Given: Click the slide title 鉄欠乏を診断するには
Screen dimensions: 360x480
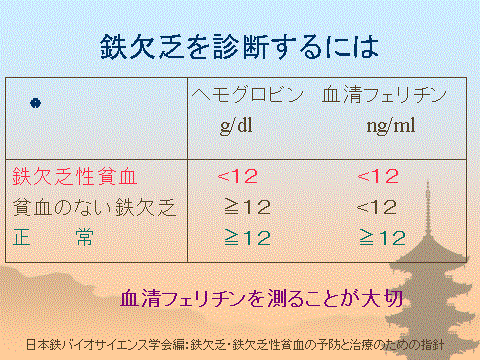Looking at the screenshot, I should [x=240, y=46].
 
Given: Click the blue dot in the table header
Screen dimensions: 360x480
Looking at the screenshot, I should [x=36, y=102].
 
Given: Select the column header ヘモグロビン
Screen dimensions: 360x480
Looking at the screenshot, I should [x=246, y=97].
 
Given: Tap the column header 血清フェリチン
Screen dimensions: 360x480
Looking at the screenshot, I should [x=383, y=97].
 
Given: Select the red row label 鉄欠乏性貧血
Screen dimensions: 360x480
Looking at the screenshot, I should [x=75, y=177].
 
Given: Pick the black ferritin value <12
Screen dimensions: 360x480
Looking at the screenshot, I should [x=377, y=207].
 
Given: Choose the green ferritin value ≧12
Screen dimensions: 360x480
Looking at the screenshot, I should [x=382, y=237].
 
